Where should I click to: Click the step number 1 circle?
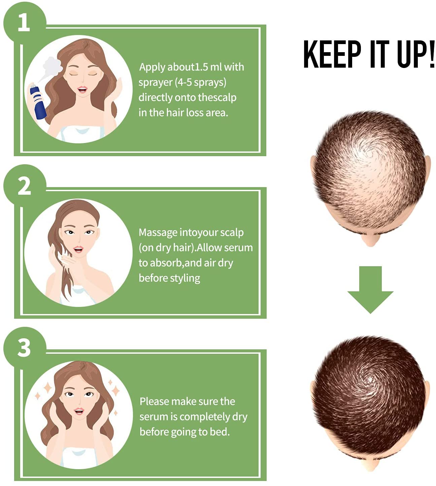click(x=24, y=23)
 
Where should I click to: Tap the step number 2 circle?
click(x=24, y=185)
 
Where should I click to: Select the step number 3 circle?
click(x=24, y=348)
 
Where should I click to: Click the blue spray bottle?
click(x=38, y=102)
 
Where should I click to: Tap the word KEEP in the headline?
click(x=332, y=54)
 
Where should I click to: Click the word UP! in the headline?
click(x=415, y=54)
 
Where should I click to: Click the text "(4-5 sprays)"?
click(x=201, y=82)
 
